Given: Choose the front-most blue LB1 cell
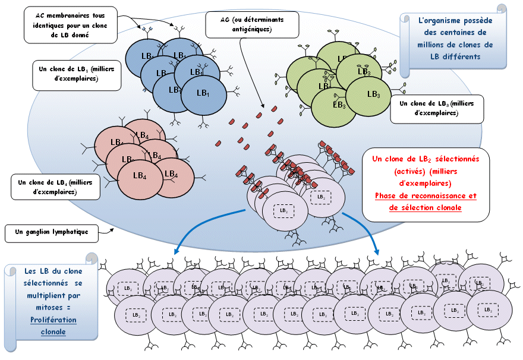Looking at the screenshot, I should pyautogui.click(x=203, y=94).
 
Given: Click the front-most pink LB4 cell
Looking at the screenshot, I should pyautogui.click(x=140, y=176).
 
